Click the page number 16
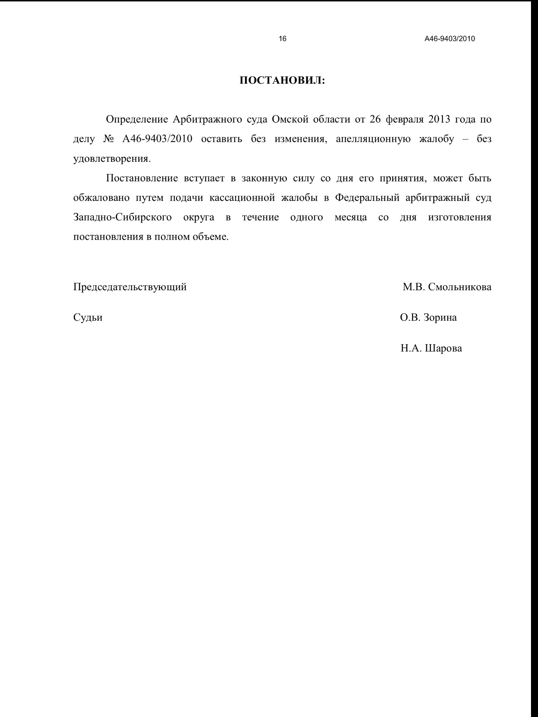tap(282, 39)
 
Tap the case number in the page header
tap(450, 39)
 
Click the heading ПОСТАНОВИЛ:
tap(282, 81)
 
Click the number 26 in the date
tap(375, 120)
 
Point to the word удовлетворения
tap(111, 159)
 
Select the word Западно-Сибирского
tap(123, 218)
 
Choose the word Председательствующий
tap(130, 287)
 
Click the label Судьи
tap(88, 318)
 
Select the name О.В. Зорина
tap(428, 318)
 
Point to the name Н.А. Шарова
tap(431, 348)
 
